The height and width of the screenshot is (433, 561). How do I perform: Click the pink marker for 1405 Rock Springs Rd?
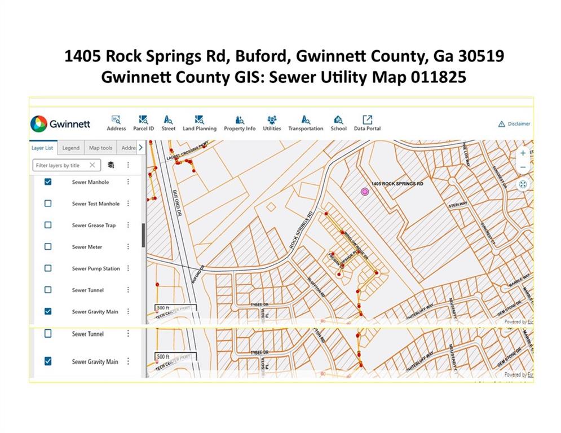[x=365, y=192]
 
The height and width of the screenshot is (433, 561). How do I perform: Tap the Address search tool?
[x=116, y=122]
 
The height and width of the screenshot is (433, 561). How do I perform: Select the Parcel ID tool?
[x=143, y=122]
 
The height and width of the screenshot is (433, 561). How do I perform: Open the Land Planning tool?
[x=199, y=122]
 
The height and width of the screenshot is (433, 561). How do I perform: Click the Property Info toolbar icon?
[x=240, y=122]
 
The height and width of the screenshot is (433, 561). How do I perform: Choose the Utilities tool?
[x=272, y=122]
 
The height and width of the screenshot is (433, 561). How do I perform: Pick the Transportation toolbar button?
[x=306, y=122]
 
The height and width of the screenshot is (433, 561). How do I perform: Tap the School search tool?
[x=338, y=122]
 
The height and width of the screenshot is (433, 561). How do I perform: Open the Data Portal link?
[x=367, y=122]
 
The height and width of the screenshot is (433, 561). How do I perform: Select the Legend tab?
[x=70, y=148]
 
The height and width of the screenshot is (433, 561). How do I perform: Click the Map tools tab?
[x=101, y=148]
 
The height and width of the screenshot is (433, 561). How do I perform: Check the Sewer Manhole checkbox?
[x=48, y=182]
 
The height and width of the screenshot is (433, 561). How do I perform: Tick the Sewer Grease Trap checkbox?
[x=48, y=225]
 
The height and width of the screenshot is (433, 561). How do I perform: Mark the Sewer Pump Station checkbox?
[x=48, y=268]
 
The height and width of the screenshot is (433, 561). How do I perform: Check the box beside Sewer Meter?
[x=48, y=246]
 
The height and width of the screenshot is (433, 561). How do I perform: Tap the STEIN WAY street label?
[x=458, y=206]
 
